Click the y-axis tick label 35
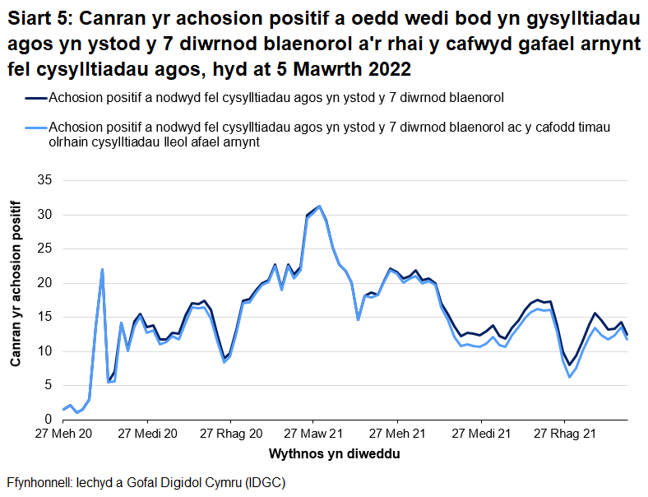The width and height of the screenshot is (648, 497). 44,180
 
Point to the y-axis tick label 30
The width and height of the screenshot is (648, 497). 44,215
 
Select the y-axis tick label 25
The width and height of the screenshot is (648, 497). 44,248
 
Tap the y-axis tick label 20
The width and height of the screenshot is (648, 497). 44,283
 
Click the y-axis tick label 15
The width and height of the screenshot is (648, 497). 44,317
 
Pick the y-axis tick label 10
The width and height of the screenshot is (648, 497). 44,351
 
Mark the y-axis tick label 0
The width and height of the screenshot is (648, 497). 48,420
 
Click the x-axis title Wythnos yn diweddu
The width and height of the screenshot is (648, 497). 336,453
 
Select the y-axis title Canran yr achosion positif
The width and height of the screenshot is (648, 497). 16,300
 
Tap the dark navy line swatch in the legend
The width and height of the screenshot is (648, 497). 35,98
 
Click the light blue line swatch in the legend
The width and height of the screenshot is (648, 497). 35,128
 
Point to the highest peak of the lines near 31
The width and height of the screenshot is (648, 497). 319,207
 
